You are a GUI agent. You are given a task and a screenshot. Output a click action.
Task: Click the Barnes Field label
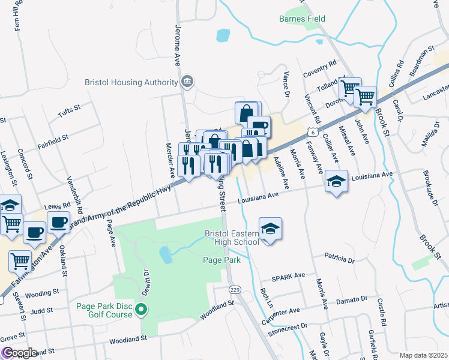[x=302, y=19]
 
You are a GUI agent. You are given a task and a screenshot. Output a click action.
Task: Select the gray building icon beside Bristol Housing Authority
[x=187, y=81]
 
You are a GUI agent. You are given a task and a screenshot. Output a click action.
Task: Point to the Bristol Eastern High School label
[x=231, y=237]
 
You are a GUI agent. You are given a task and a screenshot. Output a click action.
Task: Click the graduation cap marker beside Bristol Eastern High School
[x=270, y=229]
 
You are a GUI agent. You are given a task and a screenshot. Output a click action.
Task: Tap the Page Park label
[x=221, y=260]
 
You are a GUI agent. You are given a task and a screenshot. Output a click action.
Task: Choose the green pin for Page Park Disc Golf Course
[x=142, y=310]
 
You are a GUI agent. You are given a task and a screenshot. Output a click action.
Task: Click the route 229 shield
[x=235, y=289]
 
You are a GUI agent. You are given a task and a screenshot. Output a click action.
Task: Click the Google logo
[x=19, y=353]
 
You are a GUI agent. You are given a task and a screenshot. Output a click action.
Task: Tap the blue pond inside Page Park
[x=164, y=255]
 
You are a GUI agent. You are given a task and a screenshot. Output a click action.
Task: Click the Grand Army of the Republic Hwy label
[x=120, y=206]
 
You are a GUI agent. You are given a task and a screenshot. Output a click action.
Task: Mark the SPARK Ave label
[x=288, y=277]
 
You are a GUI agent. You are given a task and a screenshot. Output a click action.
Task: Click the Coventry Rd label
[x=320, y=64]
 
